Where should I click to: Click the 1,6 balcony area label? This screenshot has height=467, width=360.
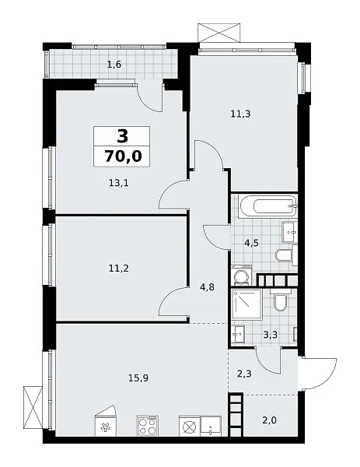[x=114, y=65]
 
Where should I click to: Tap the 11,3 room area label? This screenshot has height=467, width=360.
[x=240, y=114]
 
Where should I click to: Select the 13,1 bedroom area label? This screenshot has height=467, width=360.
[x=119, y=183]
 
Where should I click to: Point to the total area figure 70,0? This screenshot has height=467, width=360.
[x=123, y=156]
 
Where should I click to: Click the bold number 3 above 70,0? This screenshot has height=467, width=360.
[x=123, y=136]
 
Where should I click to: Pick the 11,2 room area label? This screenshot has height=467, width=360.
[x=119, y=269]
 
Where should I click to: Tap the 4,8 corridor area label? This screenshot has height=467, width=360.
[x=207, y=288]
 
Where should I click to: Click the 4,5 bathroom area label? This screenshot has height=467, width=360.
[x=251, y=244]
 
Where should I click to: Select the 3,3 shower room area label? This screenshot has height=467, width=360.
[x=270, y=335]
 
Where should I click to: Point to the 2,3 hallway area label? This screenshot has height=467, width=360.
[x=244, y=373]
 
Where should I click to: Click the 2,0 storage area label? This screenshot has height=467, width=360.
[x=270, y=420]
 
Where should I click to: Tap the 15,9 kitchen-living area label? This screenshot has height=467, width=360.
[x=138, y=378]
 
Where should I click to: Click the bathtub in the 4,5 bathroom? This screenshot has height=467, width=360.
[x=269, y=206]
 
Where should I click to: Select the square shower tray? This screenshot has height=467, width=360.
[x=246, y=304]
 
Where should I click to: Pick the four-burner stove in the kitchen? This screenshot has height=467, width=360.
[x=148, y=426]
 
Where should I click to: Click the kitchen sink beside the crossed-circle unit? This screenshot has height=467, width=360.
[x=211, y=426]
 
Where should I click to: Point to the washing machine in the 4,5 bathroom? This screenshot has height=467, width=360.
[x=242, y=276]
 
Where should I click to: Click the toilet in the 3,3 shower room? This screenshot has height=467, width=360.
[x=280, y=300]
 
